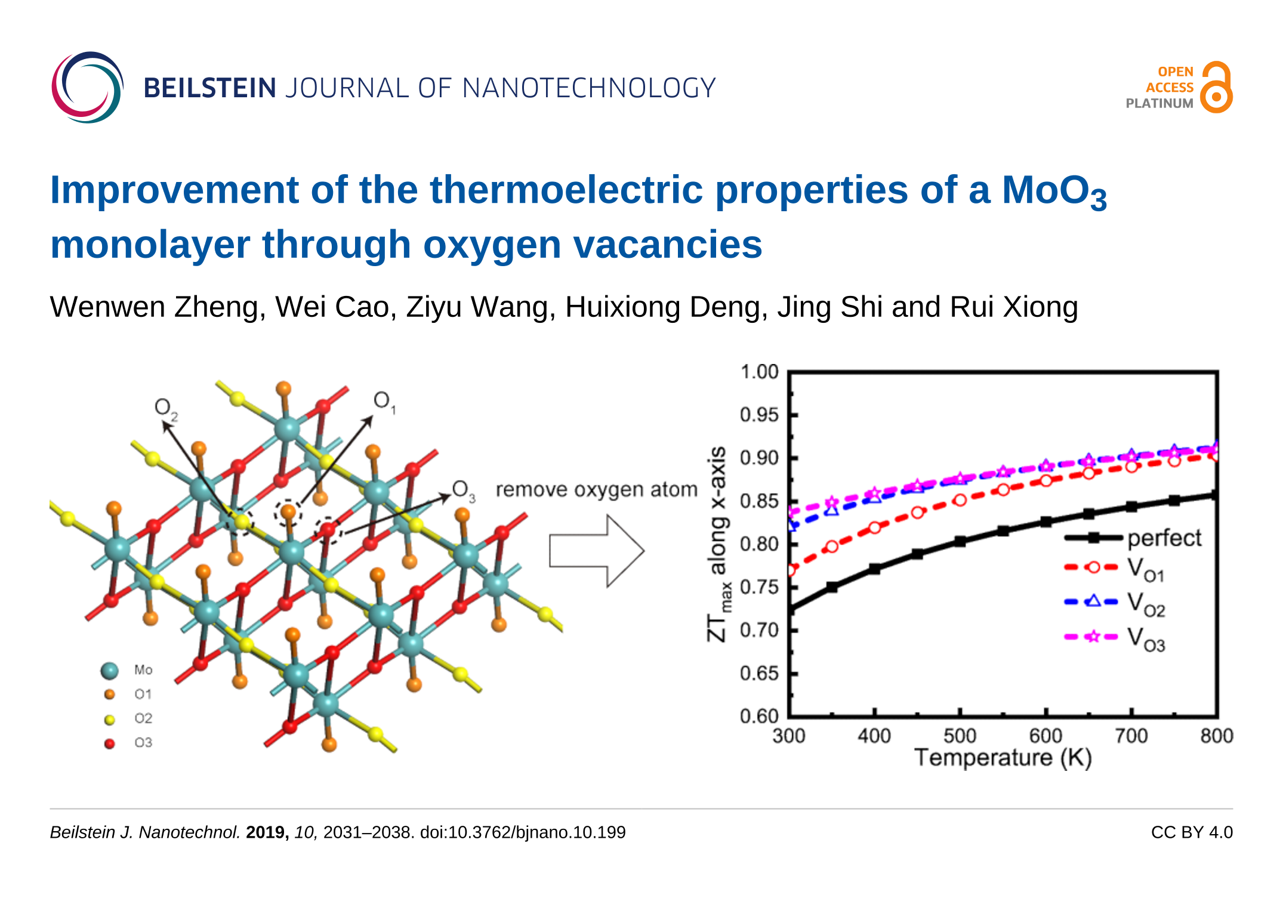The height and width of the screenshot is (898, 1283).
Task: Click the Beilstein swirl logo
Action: click(x=87, y=87)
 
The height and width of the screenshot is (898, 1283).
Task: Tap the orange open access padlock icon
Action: click(x=1216, y=88)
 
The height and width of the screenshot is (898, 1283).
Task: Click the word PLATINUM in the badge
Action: click(x=1159, y=103)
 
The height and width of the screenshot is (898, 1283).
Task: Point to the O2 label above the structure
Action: click(x=165, y=408)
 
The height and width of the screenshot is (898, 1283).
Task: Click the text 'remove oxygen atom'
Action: click(x=596, y=490)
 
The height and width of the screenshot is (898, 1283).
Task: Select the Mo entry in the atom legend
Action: click(x=143, y=670)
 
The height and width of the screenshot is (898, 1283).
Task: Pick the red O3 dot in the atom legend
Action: click(x=109, y=743)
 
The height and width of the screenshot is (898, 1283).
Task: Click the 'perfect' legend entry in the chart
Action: click(x=1164, y=538)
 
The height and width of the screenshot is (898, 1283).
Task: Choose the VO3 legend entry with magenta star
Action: click(x=1146, y=638)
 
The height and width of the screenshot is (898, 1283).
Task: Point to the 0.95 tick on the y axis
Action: click(x=759, y=415)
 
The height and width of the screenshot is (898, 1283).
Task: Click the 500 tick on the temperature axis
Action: click(x=960, y=736)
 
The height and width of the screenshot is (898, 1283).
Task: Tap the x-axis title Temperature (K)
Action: click(x=1003, y=758)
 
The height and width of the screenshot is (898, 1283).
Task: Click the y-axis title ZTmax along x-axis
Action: click(x=718, y=543)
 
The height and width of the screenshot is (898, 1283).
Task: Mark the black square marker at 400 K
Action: click(x=874, y=569)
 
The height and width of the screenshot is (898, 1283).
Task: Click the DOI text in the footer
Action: click(x=523, y=832)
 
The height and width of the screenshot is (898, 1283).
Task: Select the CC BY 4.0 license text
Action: click(x=1191, y=832)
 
